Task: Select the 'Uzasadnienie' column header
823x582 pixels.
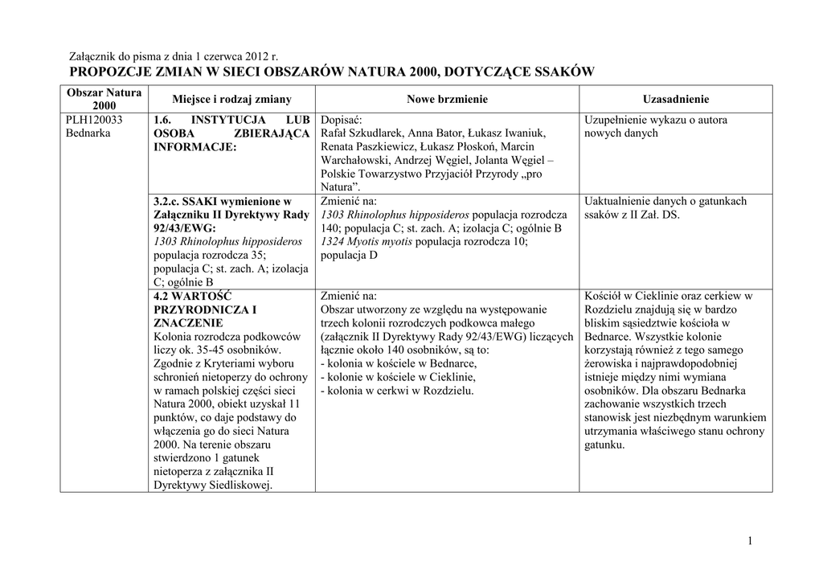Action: (x=676, y=99)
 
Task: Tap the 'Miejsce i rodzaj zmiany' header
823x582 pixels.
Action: (x=231, y=99)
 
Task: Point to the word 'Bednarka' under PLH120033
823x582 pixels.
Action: (x=88, y=133)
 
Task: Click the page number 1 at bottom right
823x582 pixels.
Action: (x=750, y=541)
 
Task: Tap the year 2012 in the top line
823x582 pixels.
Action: (x=251, y=56)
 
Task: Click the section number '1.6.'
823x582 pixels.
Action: (x=163, y=120)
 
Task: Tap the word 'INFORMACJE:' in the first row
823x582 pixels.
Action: (x=194, y=147)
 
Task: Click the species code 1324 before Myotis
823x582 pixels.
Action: (x=333, y=242)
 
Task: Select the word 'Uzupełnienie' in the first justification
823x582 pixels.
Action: (x=617, y=120)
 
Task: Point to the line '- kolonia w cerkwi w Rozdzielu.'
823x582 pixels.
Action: (x=397, y=391)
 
